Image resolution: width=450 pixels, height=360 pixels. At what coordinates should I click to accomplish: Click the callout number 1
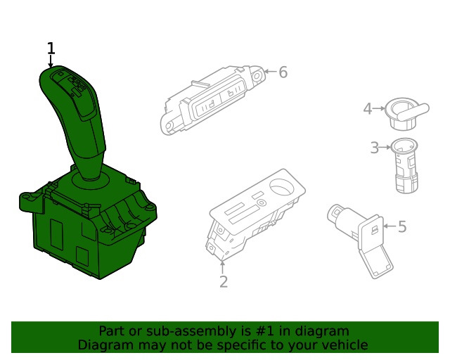point(51,49)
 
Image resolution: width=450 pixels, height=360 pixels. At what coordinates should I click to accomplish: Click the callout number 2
point(224,282)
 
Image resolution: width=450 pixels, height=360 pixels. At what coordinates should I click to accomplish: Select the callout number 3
point(375,147)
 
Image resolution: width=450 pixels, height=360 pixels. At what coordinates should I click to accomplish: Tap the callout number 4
point(367,108)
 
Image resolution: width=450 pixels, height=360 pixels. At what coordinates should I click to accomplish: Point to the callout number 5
point(402,226)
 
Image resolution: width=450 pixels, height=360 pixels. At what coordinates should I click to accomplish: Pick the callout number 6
point(283,72)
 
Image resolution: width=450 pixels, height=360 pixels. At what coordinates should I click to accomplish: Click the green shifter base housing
point(84,225)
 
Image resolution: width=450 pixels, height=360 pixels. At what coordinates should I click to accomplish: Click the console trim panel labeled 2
point(253,211)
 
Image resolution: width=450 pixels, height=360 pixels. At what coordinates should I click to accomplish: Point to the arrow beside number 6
point(270,72)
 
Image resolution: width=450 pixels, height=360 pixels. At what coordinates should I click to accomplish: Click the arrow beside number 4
point(379,108)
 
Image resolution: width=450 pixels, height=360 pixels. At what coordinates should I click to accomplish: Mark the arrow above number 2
point(224,267)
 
